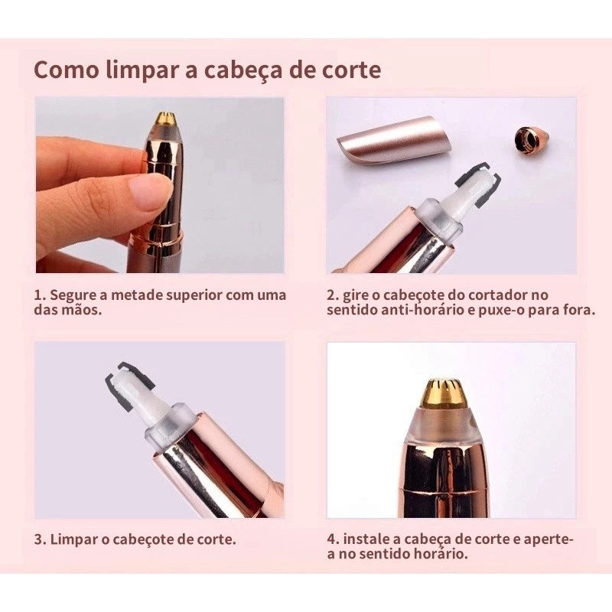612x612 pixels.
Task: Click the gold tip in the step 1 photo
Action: [165, 119]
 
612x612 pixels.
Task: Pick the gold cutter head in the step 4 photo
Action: [444, 394]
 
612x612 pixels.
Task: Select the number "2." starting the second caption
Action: [334, 295]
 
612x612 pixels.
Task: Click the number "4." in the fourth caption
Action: [334, 539]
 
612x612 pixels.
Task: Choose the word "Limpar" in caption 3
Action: [73, 539]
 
